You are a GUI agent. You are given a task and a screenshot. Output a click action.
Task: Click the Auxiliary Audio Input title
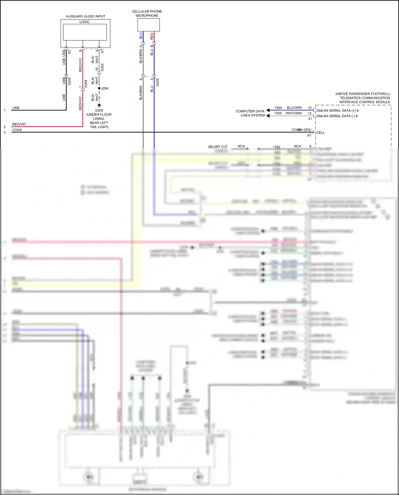(x=85, y=16)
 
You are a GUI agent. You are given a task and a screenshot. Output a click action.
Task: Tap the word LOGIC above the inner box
(x=84, y=22)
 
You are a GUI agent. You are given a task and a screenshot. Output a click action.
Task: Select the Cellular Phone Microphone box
(x=148, y=25)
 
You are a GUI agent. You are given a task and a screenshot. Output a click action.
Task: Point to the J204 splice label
(x=105, y=88)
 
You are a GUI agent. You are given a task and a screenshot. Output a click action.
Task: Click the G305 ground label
(x=99, y=110)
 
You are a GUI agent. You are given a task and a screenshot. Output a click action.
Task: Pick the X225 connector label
(x=157, y=82)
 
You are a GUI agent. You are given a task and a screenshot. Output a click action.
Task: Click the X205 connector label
(x=69, y=81)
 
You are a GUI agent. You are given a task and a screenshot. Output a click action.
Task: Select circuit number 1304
(x=278, y=108)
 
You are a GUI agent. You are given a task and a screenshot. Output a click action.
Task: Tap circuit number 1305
(x=278, y=113)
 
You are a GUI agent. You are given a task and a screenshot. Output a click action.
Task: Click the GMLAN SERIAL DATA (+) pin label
(x=337, y=111)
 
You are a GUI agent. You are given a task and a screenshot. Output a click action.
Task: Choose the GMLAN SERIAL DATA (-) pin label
(x=336, y=116)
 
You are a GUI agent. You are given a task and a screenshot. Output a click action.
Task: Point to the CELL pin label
(x=320, y=132)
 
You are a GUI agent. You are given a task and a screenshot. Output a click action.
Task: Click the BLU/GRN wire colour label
(x=294, y=108)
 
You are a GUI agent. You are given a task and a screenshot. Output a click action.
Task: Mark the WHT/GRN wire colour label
(x=293, y=113)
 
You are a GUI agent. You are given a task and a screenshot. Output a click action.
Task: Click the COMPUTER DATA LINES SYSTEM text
(x=250, y=113)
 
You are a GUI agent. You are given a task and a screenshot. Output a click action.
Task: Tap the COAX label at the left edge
(x=17, y=130)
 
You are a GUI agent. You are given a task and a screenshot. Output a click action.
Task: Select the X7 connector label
(x=309, y=135)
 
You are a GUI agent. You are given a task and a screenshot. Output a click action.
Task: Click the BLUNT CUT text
(x=218, y=147)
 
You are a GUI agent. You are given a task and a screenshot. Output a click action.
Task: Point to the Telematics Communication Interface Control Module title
(x=364, y=98)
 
